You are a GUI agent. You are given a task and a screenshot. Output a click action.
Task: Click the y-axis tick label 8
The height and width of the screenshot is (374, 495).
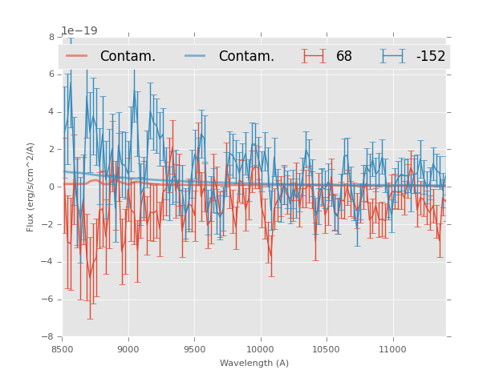click(x=51, y=37)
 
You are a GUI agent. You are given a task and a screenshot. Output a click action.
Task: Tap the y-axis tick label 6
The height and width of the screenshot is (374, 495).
click(x=51, y=74)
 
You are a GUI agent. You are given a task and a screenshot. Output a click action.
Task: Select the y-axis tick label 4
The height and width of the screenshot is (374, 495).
click(x=51, y=112)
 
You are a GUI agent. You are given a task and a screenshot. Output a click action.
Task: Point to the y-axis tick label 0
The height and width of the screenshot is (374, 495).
click(x=51, y=187)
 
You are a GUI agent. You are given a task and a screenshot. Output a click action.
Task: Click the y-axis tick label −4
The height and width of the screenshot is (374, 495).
click(x=49, y=262)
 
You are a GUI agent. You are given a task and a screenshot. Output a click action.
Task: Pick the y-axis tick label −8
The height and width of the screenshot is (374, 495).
click(x=49, y=337)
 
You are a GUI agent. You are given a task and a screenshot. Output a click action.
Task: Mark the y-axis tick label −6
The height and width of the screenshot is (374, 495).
click(x=49, y=300)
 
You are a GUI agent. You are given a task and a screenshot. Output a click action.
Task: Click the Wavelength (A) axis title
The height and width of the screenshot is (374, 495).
click(x=254, y=363)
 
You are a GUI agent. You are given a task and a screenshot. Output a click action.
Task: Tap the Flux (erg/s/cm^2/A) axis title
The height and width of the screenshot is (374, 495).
click(x=30, y=187)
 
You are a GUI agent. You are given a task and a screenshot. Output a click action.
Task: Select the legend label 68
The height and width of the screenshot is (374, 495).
click(x=344, y=56)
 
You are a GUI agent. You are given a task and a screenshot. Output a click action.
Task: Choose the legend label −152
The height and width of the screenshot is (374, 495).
click(x=430, y=56)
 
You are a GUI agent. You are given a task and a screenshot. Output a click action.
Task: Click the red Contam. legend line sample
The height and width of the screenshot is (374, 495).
click(x=78, y=56)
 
